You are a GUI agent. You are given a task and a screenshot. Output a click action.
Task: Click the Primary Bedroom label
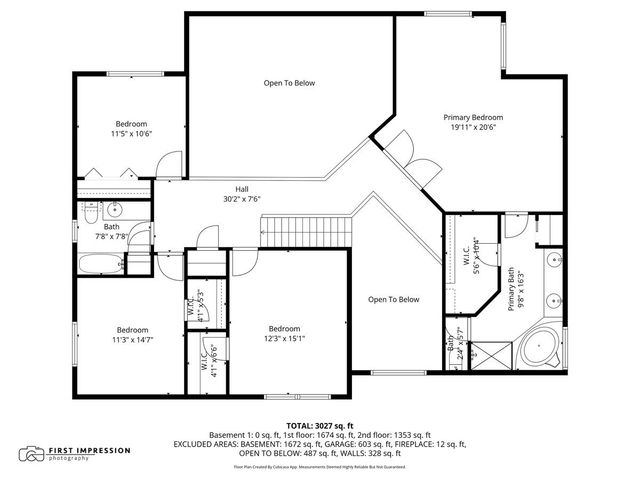(x=472, y=117)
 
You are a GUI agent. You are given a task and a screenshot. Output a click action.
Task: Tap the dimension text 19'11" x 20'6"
(x=472, y=127)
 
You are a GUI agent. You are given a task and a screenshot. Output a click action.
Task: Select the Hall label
(x=241, y=188)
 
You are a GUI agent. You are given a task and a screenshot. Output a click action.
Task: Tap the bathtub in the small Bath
(x=103, y=264)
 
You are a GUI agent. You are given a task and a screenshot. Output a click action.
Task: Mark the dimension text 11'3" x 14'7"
(x=132, y=340)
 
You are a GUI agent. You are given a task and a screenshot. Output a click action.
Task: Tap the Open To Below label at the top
(x=289, y=83)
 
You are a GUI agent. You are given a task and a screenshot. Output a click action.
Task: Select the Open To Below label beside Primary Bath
(x=393, y=299)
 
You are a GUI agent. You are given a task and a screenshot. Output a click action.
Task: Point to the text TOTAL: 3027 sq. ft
(x=319, y=425)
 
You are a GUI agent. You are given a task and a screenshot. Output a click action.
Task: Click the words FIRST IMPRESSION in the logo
(x=91, y=450)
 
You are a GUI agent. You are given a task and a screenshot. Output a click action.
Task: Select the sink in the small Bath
(x=113, y=210)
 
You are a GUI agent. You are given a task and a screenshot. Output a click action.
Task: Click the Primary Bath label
(x=510, y=290)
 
